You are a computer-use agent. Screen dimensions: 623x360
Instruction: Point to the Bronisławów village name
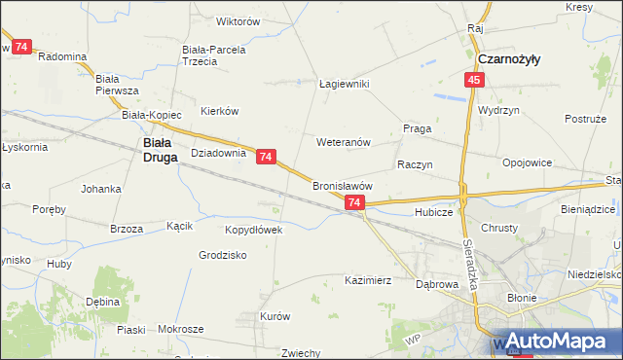[343, 185]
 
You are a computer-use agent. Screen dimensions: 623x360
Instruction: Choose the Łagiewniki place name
[346, 84]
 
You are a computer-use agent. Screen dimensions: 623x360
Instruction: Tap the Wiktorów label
[238, 21]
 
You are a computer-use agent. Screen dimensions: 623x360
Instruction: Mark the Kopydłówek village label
[253, 230]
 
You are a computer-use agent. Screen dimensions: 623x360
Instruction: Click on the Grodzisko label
[223, 255]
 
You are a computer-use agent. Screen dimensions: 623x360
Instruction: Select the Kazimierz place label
[368, 280]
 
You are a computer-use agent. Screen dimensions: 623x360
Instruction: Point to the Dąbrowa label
[437, 285]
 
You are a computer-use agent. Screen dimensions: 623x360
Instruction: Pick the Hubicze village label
[433, 211]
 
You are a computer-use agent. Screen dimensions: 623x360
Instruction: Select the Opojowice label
[528, 162]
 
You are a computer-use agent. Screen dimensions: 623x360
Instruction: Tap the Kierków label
[220, 111]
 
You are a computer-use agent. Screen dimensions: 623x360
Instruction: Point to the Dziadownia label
[218, 153]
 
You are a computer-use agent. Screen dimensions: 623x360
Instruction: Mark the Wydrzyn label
[498, 110]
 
